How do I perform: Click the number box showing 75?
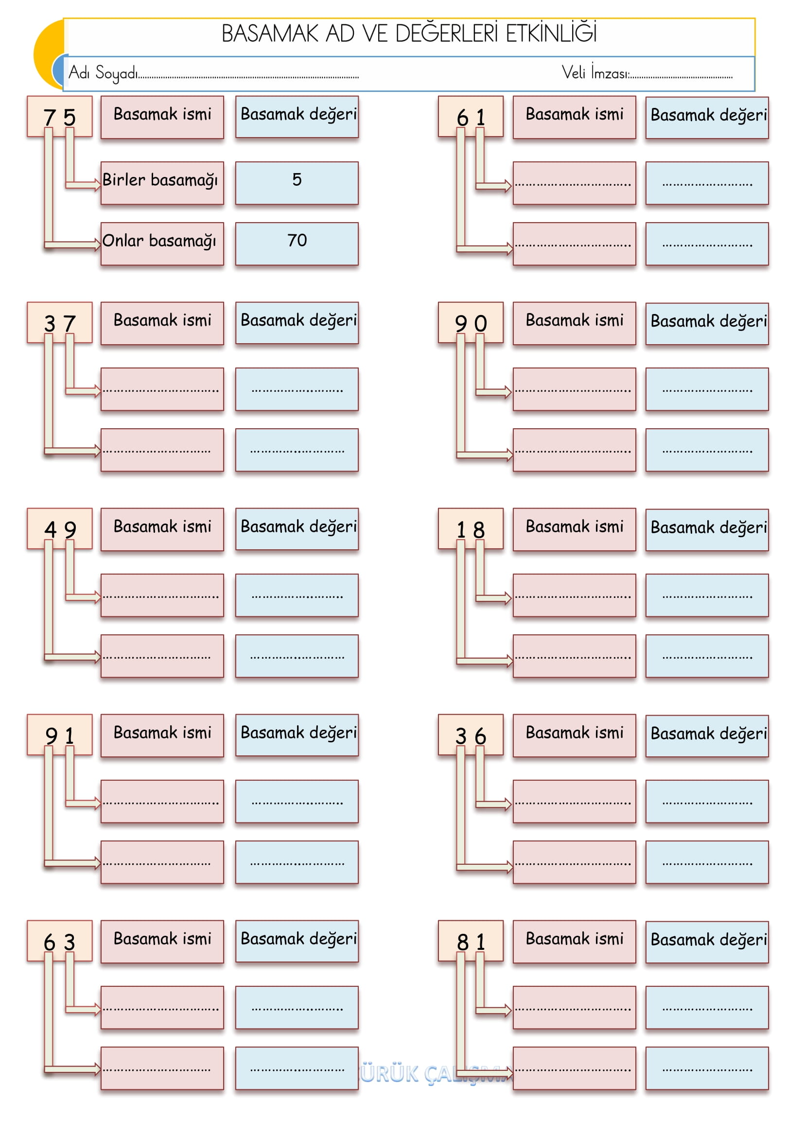point(59,117)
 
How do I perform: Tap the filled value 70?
point(297,241)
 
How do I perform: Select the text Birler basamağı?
point(160,180)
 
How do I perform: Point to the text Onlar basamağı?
point(159,241)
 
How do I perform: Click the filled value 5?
point(297,180)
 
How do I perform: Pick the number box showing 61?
point(471,117)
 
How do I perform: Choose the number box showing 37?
point(59,323)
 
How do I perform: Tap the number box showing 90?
point(471,323)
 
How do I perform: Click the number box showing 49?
point(59,529)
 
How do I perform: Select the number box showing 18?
point(471,529)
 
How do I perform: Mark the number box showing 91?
point(59,735)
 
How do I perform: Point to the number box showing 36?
point(471,735)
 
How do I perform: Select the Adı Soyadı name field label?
point(103,73)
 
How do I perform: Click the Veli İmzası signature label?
point(595,73)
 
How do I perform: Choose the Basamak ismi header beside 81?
point(574,939)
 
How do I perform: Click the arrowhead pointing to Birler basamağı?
point(97,185)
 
